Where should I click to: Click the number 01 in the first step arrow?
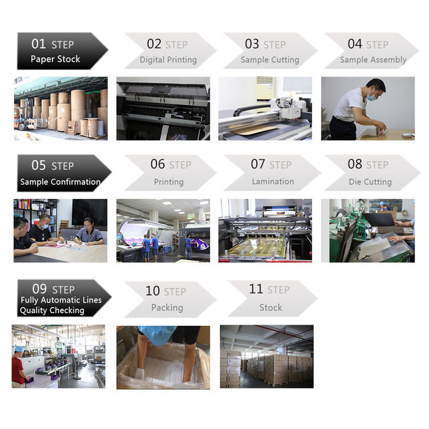click(39, 44)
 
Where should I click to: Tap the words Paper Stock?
click(55, 59)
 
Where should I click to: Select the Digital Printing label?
click(168, 60)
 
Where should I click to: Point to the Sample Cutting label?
click(270, 60)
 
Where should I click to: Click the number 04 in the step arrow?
click(355, 44)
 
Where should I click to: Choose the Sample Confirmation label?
click(60, 182)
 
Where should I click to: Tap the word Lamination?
click(273, 182)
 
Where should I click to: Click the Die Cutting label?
click(370, 182)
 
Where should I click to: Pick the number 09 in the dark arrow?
click(39, 289)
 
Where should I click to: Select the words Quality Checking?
click(52, 311)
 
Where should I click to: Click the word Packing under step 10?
click(167, 308)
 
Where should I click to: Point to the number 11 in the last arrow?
click(256, 289)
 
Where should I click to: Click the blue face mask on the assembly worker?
click(372, 96)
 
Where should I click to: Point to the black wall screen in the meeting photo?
click(89, 213)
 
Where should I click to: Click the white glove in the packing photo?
click(140, 373)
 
